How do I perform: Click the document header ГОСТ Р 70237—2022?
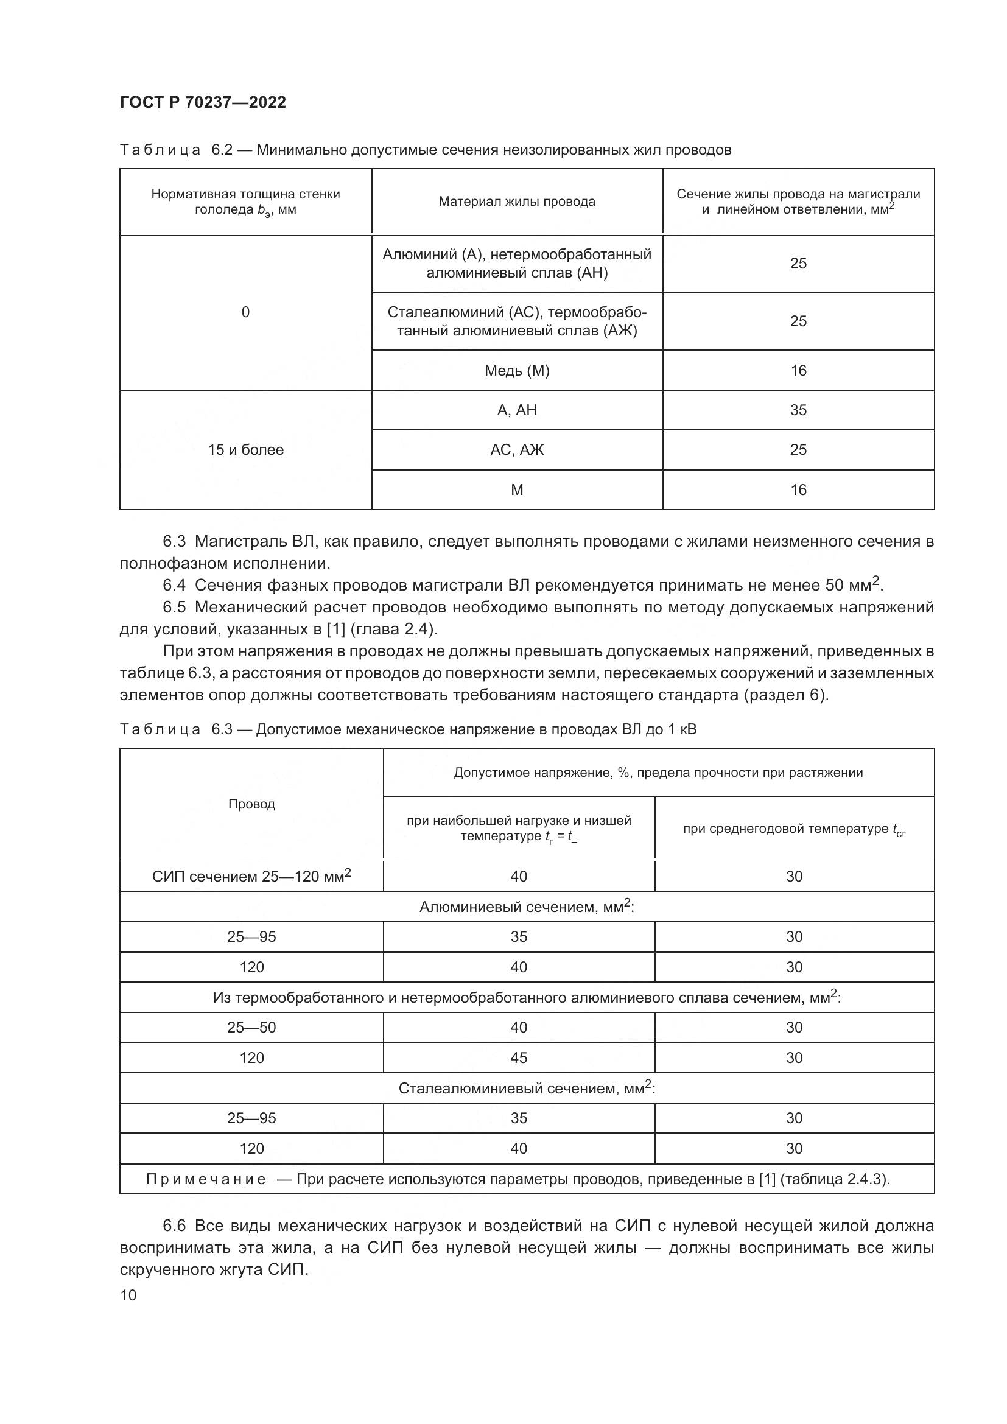203,102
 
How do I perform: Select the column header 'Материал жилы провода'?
516,202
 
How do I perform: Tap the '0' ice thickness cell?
245,312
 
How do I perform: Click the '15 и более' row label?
245,450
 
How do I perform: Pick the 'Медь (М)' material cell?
516,370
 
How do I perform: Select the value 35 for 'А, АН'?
798,410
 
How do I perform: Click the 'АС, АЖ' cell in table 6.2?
516,450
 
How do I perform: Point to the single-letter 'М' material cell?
516,490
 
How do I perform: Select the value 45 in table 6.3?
518,1057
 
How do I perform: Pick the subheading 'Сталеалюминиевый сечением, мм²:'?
527,1088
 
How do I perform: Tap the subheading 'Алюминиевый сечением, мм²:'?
527,907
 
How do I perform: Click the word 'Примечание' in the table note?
206,1179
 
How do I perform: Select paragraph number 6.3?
174,541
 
